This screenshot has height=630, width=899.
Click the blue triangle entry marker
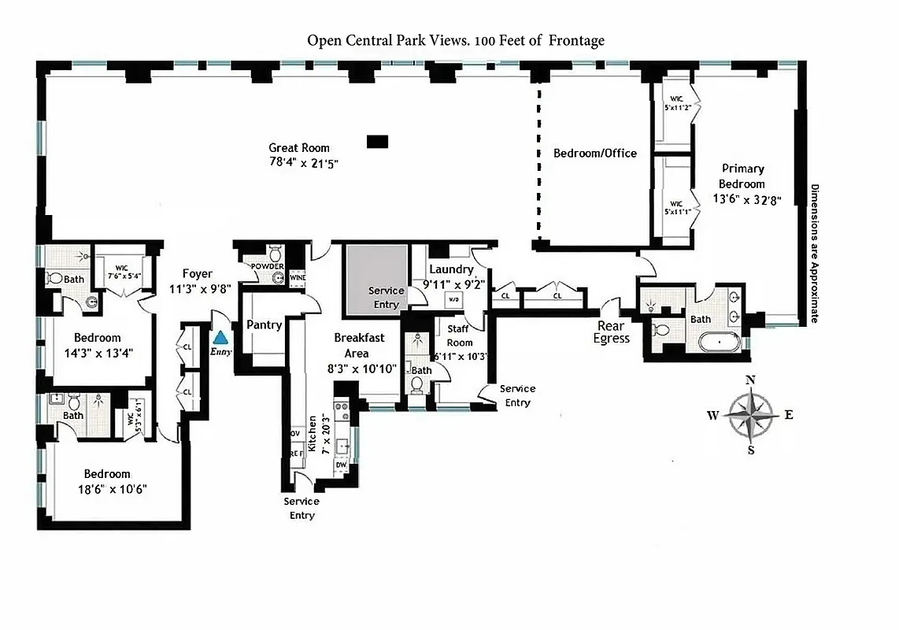click(x=222, y=337)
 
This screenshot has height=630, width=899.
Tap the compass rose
click(x=750, y=415)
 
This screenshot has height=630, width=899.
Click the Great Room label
click(x=299, y=148)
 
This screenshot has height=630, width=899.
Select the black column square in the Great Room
click(x=378, y=141)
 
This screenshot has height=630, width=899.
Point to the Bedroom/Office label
click(x=594, y=153)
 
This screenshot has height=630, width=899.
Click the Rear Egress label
click(x=612, y=332)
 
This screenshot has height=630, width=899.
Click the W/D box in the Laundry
click(x=454, y=300)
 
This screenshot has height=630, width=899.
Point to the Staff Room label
click(x=460, y=335)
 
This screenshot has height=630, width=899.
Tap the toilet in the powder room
click(x=276, y=254)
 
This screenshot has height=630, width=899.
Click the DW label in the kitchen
click(x=341, y=465)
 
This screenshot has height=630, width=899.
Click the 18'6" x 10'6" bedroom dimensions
click(x=116, y=488)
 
